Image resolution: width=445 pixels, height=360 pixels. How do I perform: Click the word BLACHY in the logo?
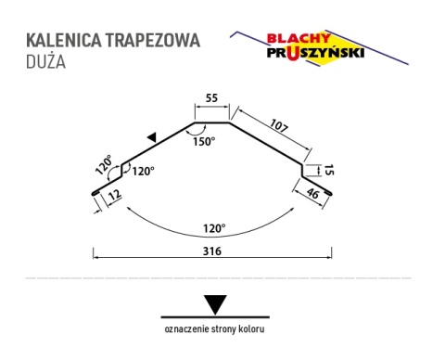pyautogui.click(x=296, y=39)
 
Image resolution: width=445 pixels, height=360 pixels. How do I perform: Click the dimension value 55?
pyautogui.click(x=212, y=97)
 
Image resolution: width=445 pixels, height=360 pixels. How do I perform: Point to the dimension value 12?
pyautogui.click(x=112, y=196)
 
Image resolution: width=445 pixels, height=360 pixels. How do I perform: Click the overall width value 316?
pyautogui.click(x=212, y=263)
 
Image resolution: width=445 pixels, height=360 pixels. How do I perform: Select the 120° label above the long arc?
pyautogui.click(x=214, y=225)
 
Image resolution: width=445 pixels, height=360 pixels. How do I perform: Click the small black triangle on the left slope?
pyautogui.click(x=150, y=137)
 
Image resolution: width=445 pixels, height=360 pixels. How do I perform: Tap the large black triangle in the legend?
pyautogui.click(x=215, y=303)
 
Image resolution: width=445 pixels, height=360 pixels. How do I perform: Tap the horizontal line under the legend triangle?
pyautogui.click(x=215, y=316)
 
